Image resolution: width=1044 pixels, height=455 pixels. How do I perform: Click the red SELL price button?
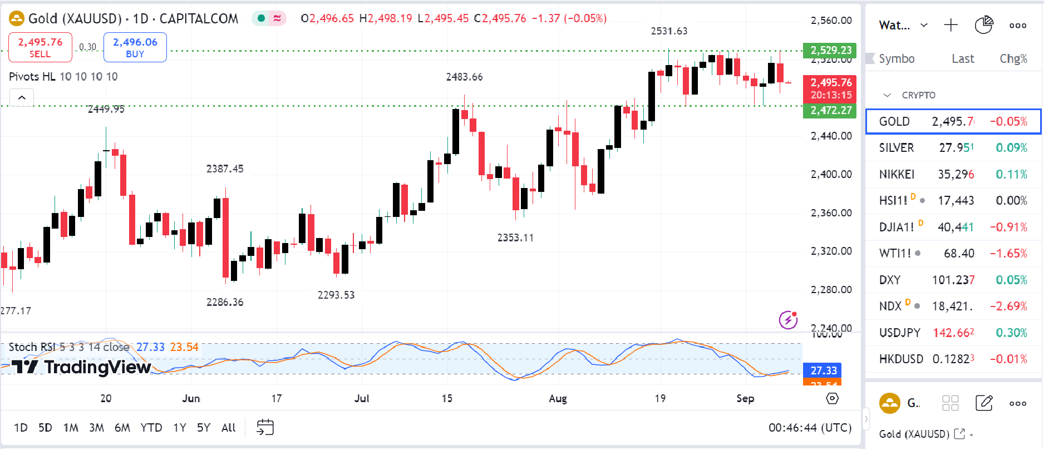[40, 47]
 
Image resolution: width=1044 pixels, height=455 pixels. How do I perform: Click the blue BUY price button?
[135, 47]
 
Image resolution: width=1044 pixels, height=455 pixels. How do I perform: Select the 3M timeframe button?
[96, 428]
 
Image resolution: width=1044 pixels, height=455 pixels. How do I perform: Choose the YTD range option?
[151, 428]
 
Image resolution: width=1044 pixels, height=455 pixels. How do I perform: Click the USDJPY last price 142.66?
[953, 333]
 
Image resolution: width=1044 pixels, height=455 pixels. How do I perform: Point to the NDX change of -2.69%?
[1008, 306]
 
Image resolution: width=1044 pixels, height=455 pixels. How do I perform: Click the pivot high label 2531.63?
[669, 31]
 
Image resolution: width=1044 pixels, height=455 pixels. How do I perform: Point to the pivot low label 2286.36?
[225, 302]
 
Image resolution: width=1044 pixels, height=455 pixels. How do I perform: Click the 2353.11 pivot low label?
[515, 238]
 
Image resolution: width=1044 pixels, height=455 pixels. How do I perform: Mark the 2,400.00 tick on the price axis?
[831, 174]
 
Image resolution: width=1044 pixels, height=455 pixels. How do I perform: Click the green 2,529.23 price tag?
[830, 50]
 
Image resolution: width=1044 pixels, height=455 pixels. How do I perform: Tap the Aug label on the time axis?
[558, 399]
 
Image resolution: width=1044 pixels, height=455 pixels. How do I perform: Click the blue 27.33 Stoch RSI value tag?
[823, 370]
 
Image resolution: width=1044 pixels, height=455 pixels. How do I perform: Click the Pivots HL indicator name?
[32, 77]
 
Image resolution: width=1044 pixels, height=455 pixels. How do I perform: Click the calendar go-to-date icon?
[265, 428]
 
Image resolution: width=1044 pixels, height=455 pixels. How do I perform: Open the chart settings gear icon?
[832, 398]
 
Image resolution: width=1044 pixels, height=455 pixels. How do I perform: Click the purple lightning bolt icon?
[788, 320]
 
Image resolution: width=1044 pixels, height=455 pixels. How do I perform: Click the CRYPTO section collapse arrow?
[887, 95]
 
